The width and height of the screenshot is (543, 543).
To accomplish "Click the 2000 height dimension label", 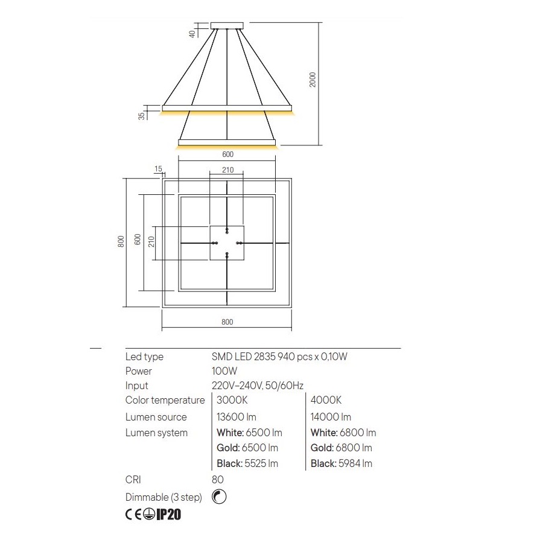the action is coord(313,80).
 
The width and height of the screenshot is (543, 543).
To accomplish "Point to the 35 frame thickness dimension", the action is coord(141,116).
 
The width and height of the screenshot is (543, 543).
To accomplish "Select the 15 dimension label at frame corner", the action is coord(158,169).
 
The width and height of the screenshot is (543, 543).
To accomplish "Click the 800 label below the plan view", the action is coord(227,322).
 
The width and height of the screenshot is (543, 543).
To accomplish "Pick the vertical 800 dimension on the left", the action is coord(121,241).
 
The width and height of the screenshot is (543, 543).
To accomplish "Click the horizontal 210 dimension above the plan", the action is coord(228,170).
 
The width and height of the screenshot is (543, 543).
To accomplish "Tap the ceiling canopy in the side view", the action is coord(227,25).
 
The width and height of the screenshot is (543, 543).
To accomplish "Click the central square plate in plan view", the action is coord(227,243).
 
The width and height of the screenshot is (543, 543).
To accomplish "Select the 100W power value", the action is coord(224,371).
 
